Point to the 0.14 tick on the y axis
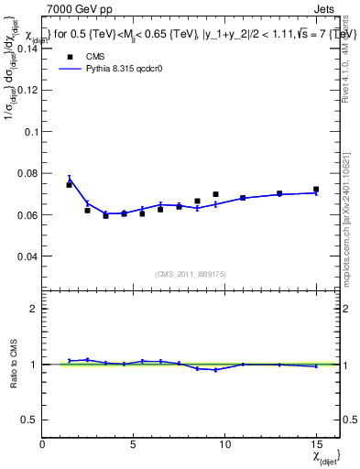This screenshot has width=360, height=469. click(x=27, y=49)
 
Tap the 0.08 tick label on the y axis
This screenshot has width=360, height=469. click(x=27, y=173)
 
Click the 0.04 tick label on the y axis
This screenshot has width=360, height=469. click(x=27, y=256)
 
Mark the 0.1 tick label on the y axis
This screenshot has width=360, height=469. click(x=31, y=132)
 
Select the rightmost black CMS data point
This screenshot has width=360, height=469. click(x=316, y=190)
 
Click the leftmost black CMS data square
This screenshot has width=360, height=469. click(x=69, y=185)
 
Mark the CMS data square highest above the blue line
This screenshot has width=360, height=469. click(x=215, y=194)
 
